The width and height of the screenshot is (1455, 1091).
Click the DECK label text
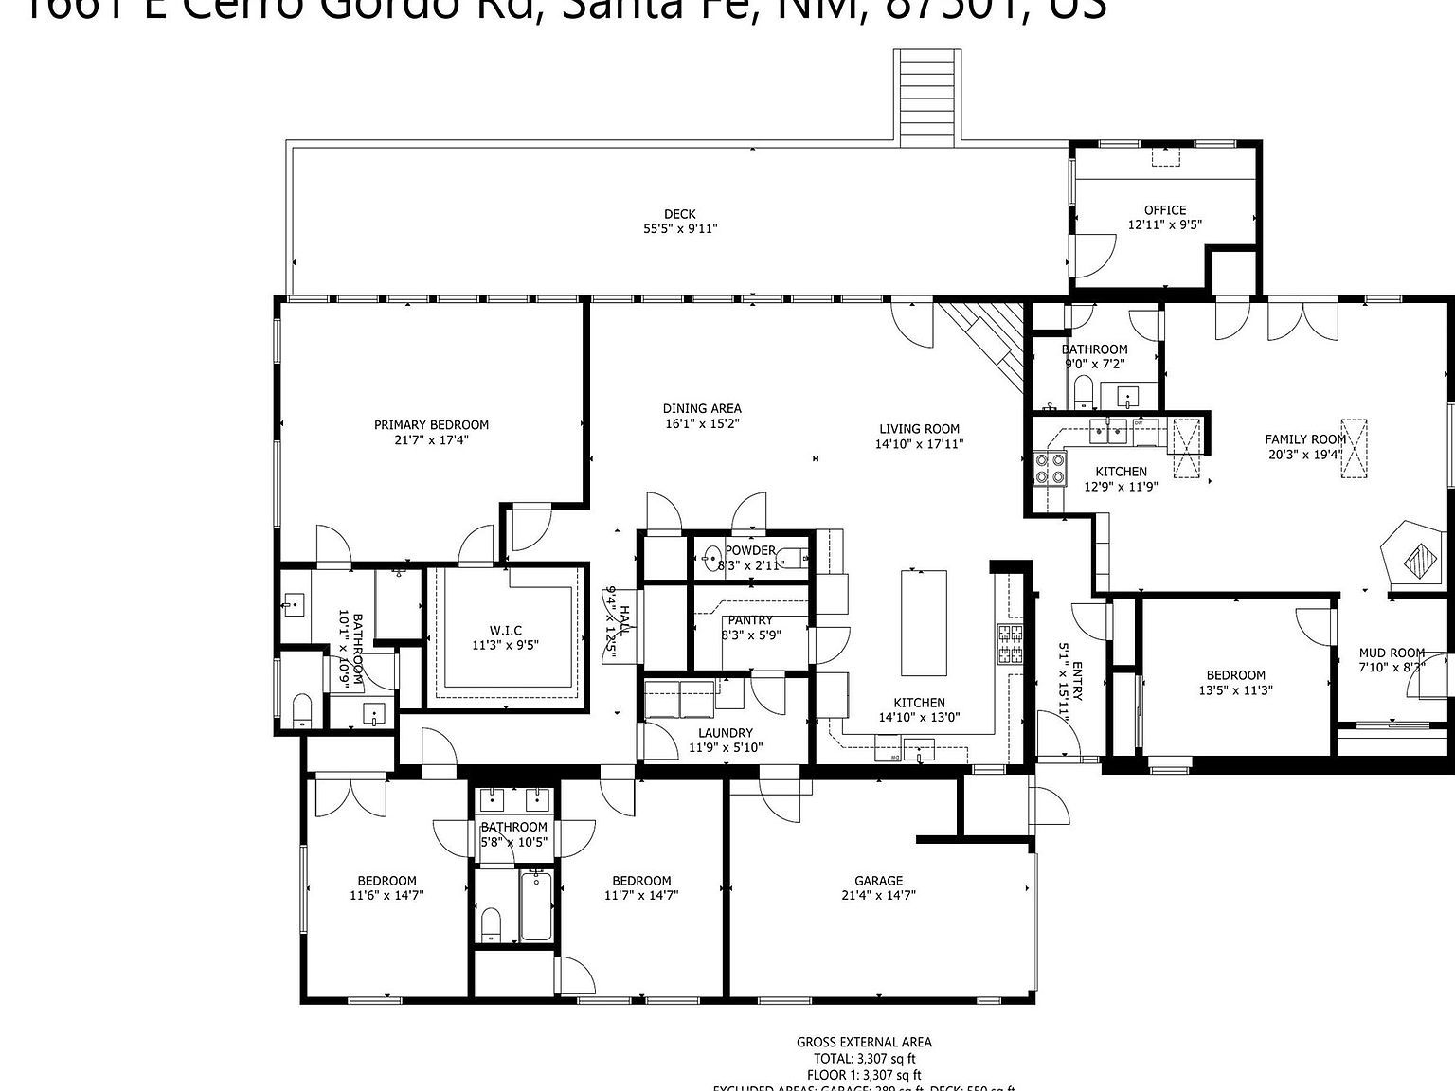tap(679, 213)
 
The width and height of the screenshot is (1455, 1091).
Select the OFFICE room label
tap(1164, 210)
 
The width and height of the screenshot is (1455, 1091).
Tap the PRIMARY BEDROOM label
tap(431, 424)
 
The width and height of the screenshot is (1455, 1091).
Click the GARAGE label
tap(878, 880)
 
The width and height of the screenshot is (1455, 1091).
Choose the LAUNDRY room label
tap(726, 732)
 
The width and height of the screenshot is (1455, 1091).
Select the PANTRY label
tap(751, 620)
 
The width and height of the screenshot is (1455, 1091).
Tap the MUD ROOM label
tap(1392, 653)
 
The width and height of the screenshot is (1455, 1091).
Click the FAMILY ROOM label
tap(1305, 438)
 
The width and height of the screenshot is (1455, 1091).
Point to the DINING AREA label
tap(702, 408)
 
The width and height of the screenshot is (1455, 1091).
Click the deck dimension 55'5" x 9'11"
tap(679, 228)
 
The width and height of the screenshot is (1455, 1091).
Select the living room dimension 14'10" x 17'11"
tap(919, 443)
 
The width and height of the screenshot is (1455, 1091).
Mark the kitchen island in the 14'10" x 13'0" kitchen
tap(923, 621)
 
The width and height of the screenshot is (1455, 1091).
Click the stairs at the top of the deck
tap(927, 95)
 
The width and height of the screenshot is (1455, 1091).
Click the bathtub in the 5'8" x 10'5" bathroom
tap(536, 907)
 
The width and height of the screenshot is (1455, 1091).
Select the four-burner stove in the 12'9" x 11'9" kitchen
tap(1051, 468)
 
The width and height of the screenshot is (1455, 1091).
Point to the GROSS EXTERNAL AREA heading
tap(863, 1042)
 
